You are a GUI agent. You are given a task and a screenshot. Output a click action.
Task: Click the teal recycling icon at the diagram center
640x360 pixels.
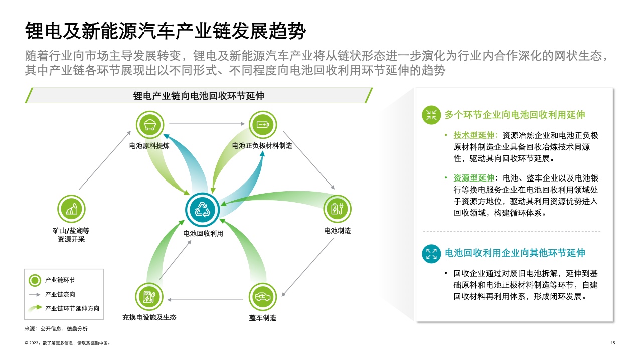[x=202, y=210]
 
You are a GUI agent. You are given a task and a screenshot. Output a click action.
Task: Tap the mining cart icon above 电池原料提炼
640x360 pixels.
[x=149, y=125]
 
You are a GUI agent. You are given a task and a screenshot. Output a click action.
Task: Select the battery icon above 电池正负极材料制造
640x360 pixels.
[x=263, y=125]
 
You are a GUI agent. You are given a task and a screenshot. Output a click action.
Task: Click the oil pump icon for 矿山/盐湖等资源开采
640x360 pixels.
[x=71, y=209]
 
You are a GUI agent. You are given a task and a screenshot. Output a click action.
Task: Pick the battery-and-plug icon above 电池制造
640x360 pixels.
[x=337, y=209]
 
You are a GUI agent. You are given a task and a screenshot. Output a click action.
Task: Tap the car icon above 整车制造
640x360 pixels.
[x=263, y=297]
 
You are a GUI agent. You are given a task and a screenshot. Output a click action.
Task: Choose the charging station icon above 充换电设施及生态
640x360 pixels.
[x=149, y=297]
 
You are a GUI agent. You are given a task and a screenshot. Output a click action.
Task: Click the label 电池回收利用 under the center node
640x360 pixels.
[x=203, y=234]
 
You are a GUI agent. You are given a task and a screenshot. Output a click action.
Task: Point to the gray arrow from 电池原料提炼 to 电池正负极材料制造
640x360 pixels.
[x=207, y=124]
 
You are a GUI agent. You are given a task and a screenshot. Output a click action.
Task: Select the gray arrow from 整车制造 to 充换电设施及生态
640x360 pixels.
[x=205, y=300]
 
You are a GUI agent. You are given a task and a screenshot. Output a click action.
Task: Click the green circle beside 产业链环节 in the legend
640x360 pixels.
[x=35, y=280]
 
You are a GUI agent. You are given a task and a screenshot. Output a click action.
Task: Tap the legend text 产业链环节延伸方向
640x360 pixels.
[x=72, y=308]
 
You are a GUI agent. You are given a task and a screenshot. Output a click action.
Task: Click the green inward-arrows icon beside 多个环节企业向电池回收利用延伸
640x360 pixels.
[x=431, y=115]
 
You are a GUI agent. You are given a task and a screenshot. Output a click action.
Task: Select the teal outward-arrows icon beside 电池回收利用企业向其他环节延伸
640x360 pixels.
[x=431, y=253]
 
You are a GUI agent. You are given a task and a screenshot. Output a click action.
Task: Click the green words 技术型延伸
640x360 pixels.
[x=473, y=135]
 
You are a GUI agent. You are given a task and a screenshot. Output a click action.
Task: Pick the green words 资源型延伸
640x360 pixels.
[x=473, y=178]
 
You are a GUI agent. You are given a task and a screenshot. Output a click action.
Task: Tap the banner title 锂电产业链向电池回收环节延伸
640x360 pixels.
[x=199, y=96]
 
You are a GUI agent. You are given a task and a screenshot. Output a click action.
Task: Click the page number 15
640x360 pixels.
[x=613, y=343]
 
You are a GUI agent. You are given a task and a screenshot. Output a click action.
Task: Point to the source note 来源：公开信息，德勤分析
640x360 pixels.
[x=56, y=329]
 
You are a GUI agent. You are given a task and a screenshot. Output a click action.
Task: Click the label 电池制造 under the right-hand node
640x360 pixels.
[x=338, y=231]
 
